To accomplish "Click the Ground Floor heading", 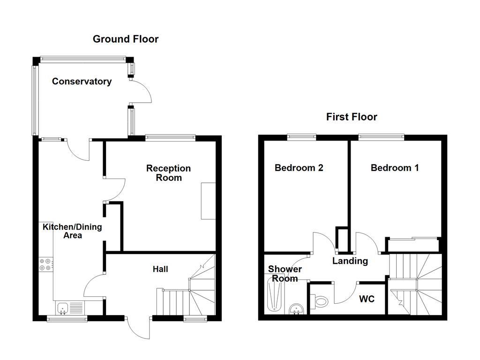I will [126, 39].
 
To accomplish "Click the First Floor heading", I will [352, 117].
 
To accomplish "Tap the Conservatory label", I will [82, 81].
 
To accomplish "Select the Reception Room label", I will [168, 173].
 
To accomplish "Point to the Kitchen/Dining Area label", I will [72, 231].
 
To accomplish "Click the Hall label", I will [160, 269].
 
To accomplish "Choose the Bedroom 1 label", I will [395, 168].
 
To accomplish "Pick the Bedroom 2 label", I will [299, 168].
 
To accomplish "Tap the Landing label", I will [350, 261].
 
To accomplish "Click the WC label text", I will [367, 299].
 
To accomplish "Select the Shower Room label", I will [285, 274].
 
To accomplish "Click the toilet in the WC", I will [321, 301].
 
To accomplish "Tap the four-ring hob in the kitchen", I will [46, 265].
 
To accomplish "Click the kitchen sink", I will [63, 307].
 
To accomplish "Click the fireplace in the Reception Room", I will [209, 201].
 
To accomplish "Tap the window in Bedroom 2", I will [302, 137].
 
